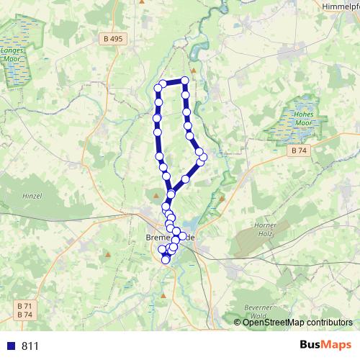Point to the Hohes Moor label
coord(302,119)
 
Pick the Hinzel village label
coord(32,196)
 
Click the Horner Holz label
coord(266,230)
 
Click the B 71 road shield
coord(24,306)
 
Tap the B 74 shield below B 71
coord(24,315)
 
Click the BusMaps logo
coord(326,345)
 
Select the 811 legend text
coord(30,346)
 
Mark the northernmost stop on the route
coord(185,81)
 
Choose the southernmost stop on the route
coord(166,260)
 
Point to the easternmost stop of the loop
coord(204,157)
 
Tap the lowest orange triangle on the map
coord(165,295)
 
